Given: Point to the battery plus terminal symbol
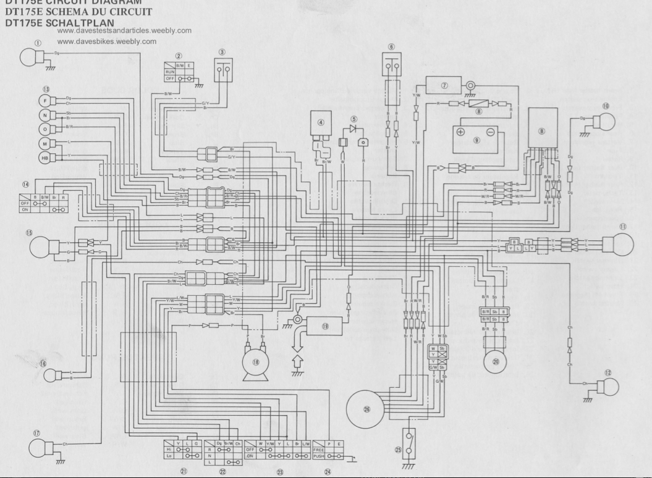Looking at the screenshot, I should (x=460, y=132).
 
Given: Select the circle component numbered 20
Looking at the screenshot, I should (x=495, y=362).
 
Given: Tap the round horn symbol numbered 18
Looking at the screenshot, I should (x=255, y=361).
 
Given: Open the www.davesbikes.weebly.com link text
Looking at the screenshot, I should (x=106, y=42).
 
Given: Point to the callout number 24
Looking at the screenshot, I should (x=328, y=471).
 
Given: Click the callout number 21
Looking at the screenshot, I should (x=183, y=471).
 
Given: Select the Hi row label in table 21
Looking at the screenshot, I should (x=169, y=450).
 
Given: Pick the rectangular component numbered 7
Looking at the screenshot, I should (x=444, y=85).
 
